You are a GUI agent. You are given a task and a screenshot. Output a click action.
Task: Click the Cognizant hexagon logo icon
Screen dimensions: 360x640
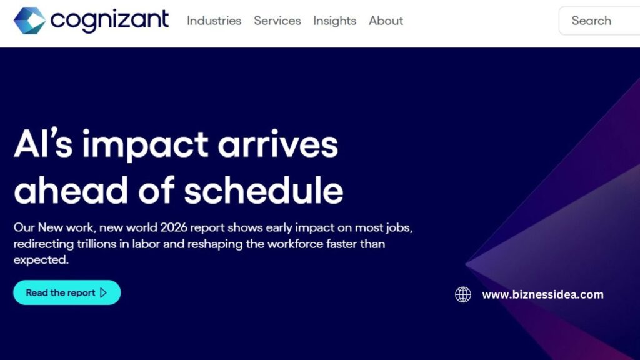click(x=29, y=21)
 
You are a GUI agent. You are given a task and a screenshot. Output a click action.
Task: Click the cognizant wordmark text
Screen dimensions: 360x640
click(x=110, y=21)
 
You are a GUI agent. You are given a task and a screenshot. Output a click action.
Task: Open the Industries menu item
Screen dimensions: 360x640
click(x=214, y=21)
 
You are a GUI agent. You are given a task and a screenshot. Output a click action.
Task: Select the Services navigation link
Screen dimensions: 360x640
click(x=277, y=21)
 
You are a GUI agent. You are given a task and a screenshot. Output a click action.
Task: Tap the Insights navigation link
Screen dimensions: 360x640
click(x=334, y=21)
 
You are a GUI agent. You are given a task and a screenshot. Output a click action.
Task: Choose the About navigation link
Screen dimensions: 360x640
click(x=386, y=21)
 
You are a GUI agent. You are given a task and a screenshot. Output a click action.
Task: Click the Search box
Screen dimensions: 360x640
click(x=599, y=21)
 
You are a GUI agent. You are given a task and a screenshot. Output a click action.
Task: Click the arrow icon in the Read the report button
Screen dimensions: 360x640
click(x=104, y=292)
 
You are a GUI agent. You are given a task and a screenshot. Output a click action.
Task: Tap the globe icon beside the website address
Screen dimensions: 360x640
click(x=463, y=294)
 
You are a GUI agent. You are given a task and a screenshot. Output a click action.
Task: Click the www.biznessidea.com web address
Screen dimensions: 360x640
click(x=542, y=294)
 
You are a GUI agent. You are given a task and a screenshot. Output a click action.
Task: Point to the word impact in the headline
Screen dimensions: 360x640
click(x=146, y=146)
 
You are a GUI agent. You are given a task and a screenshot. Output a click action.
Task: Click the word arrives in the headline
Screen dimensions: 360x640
click(x=278, y=146)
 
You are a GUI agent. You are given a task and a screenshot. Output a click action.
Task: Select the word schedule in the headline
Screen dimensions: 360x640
click(x=264, y=190)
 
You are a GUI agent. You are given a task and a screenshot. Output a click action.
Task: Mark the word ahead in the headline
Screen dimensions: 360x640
click(x=67, y=190)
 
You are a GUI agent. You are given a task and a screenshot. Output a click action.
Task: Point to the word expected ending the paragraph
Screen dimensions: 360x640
click(x=41, y=260)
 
